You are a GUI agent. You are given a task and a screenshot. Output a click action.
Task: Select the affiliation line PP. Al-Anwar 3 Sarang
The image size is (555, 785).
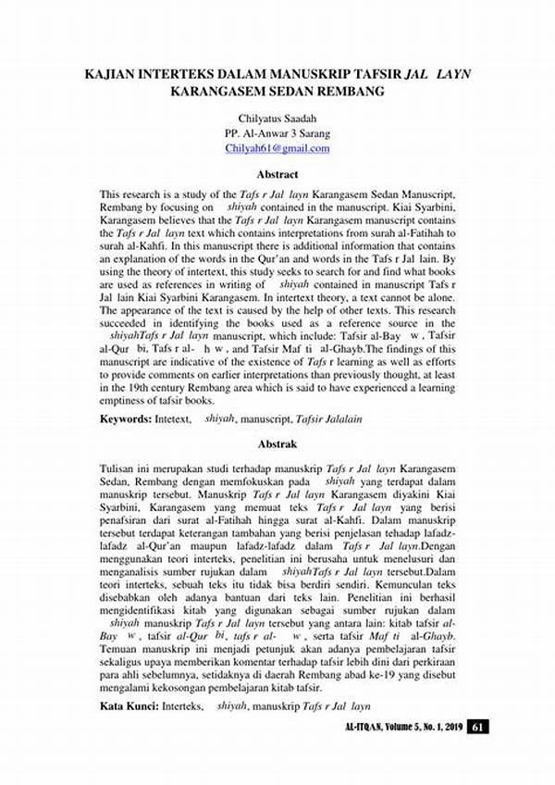[x=277, y=133]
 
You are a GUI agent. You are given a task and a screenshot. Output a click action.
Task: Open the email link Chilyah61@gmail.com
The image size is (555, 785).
[x=277, y=148]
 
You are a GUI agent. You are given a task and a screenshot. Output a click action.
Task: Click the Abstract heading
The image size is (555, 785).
[x=277, y=174]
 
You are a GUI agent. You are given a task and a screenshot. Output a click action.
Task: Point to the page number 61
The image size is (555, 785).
[x=477, y=726]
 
